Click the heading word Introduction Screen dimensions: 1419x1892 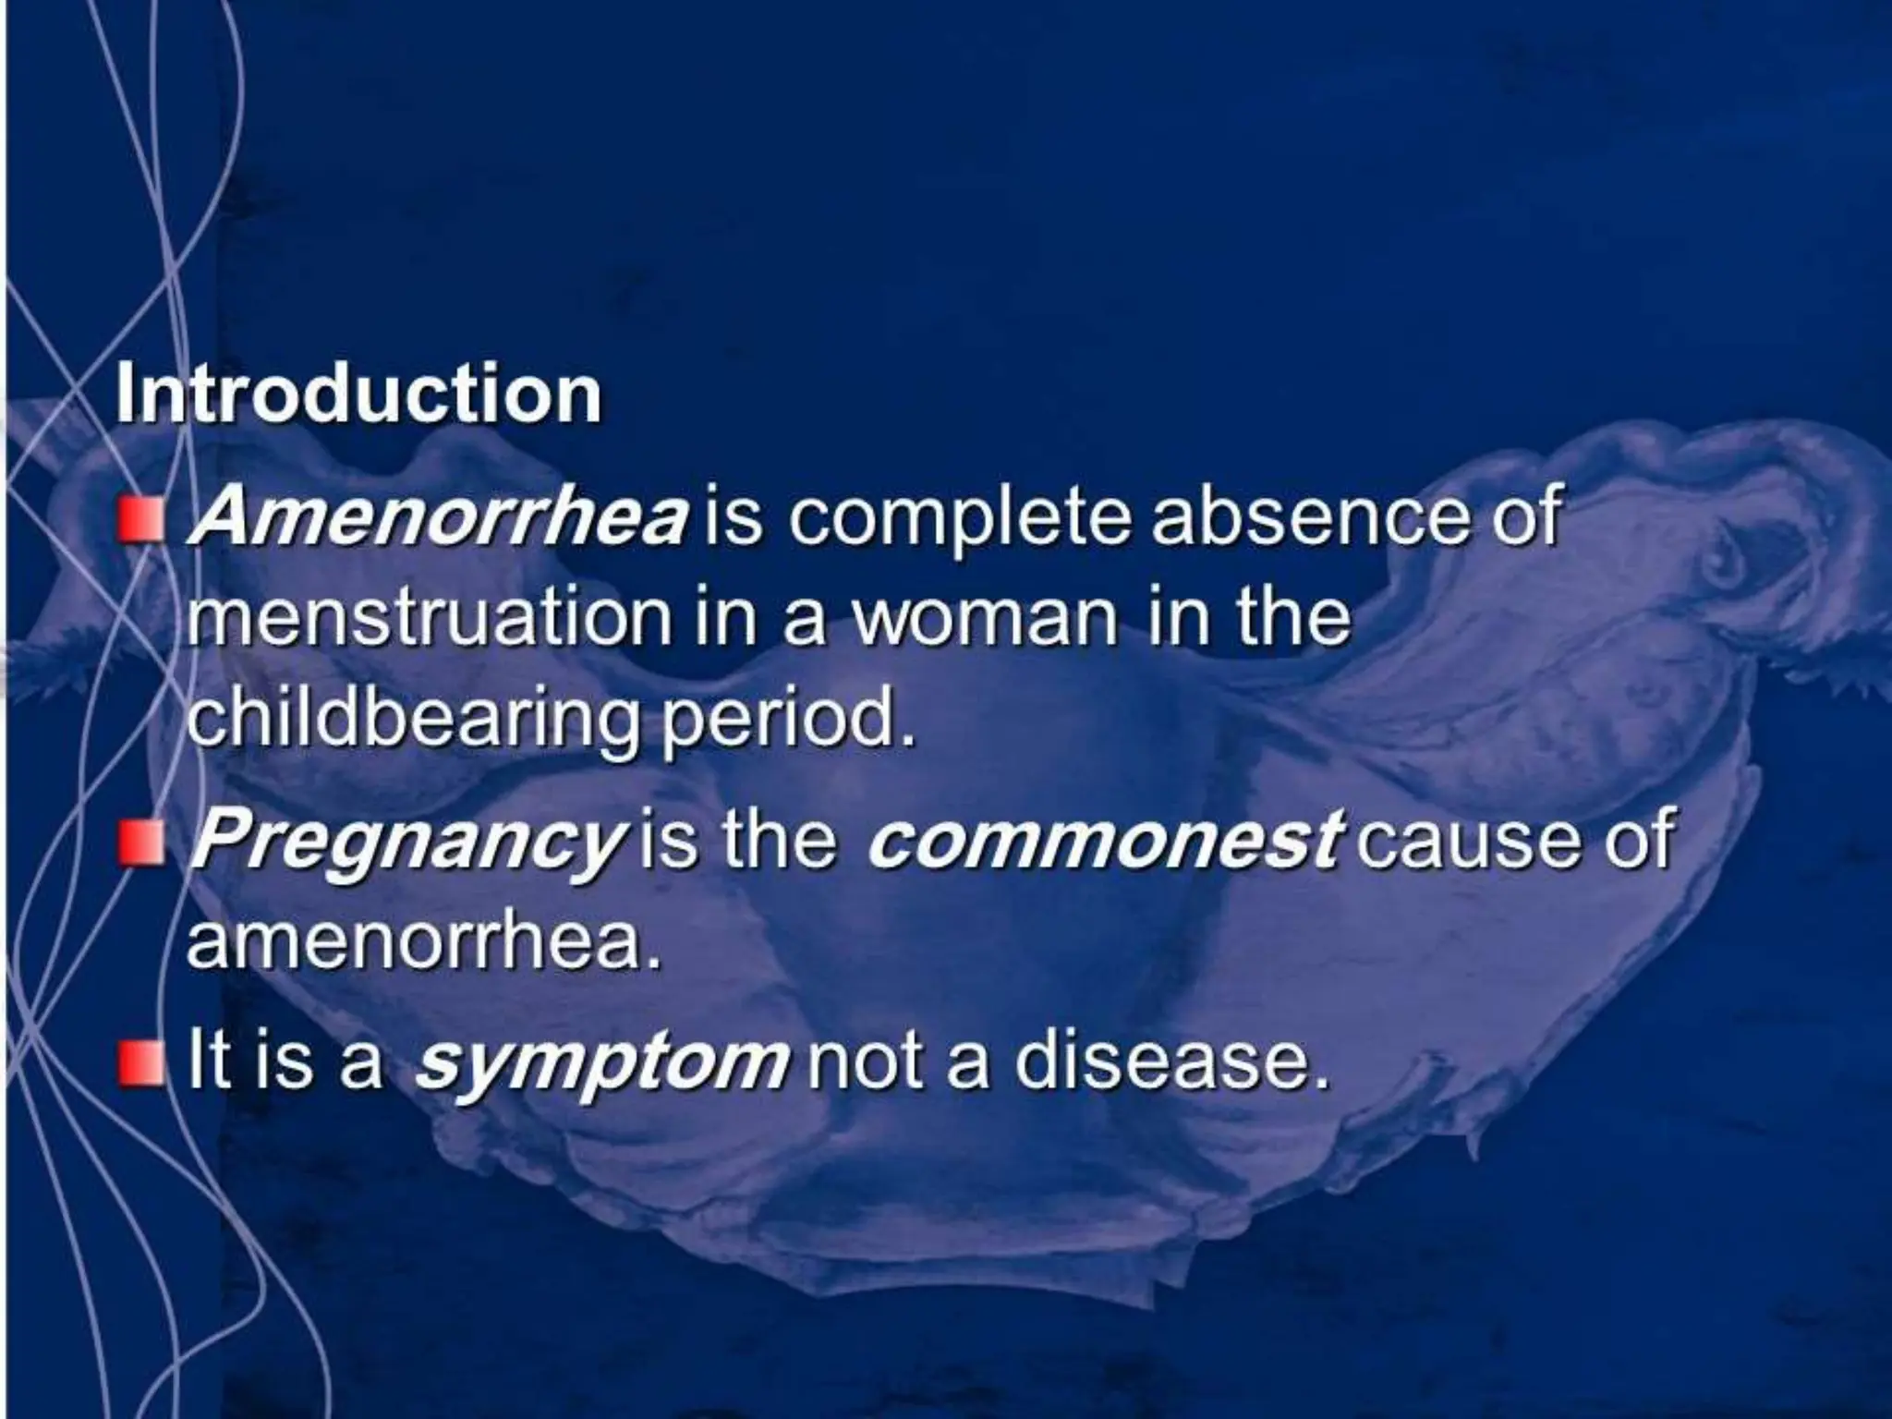[358, 394]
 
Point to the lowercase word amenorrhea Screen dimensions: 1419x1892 [425, 943]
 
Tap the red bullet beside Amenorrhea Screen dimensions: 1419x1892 [139, 520]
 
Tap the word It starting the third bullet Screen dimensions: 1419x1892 [204, 1063]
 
